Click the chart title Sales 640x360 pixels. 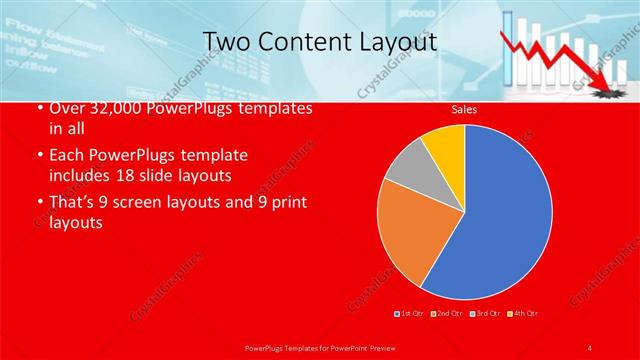pos(464,109)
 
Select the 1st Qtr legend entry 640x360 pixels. pos(411,314)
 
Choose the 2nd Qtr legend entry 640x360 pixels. pos(446,314)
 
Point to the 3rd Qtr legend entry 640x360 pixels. pos(487,314)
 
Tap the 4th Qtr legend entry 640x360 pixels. pos(525,314)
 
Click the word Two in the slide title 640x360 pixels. pos(226,43)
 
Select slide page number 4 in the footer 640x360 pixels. pos(591,347)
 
